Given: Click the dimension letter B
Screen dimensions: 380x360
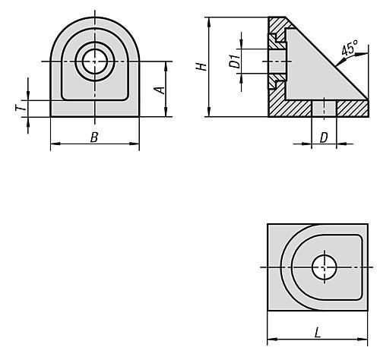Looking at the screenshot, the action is [x=94, y=137].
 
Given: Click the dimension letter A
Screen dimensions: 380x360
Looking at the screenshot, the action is [x=160, y=90].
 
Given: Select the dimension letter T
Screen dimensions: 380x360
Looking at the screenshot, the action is [x=21, y=108].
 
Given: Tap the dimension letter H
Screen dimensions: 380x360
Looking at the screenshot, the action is [x=202, y=67].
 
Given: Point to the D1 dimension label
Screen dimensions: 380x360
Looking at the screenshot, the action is [x=235, y=61].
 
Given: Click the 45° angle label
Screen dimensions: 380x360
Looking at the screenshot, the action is [x=350, y=49].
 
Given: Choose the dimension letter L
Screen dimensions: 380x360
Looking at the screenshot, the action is [x=318, y=333].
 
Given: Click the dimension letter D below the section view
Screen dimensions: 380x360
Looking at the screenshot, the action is [x=324, y=137].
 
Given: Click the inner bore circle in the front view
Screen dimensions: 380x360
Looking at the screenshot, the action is [x=95, y=62].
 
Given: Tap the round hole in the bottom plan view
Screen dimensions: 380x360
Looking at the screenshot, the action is [x=325, y=267].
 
